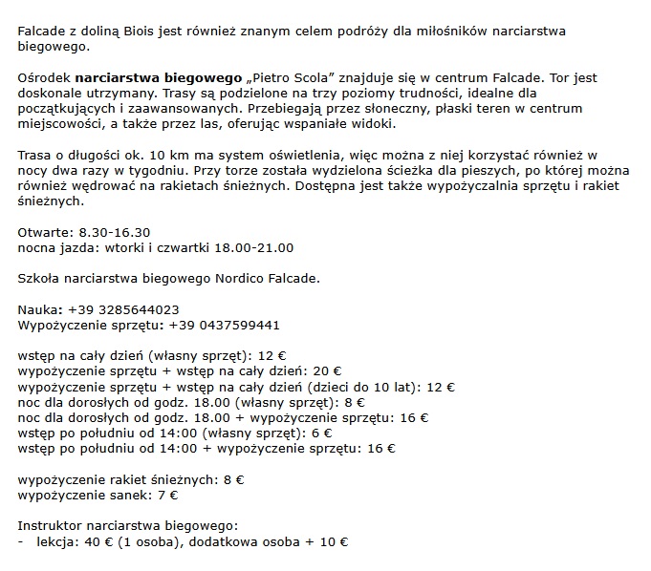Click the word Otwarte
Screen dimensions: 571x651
[x=43, y=232]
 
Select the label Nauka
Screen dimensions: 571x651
[x=40, y=309]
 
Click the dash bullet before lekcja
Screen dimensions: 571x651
[x=21, y=541]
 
